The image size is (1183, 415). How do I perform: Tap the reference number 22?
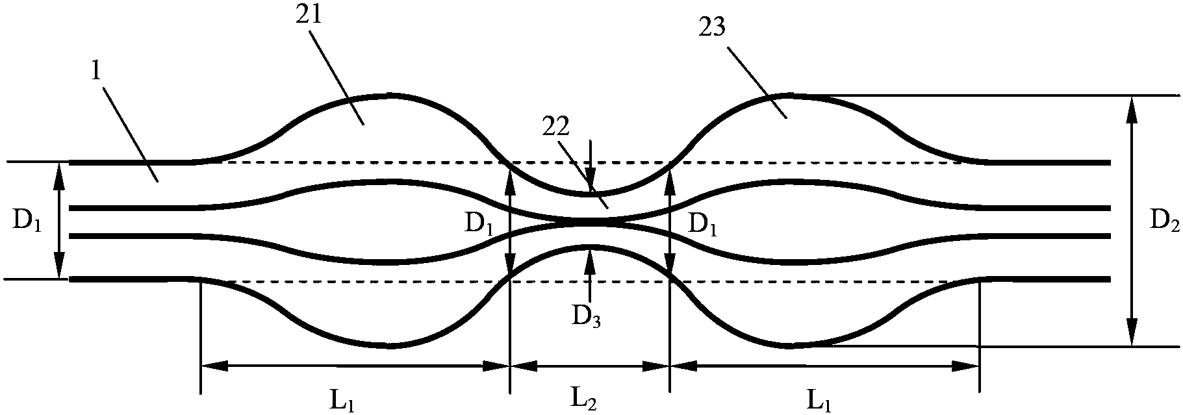(x=557, y=127)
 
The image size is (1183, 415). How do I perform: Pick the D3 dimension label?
(x=587, y=316)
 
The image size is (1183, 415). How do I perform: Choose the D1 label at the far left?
(x=27, y=222)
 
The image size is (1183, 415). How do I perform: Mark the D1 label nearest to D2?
(x=703, y=225)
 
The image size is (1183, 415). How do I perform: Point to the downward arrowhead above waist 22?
(x=589, y=182)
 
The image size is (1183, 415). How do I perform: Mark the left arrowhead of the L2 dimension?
(x=522, y=366)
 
